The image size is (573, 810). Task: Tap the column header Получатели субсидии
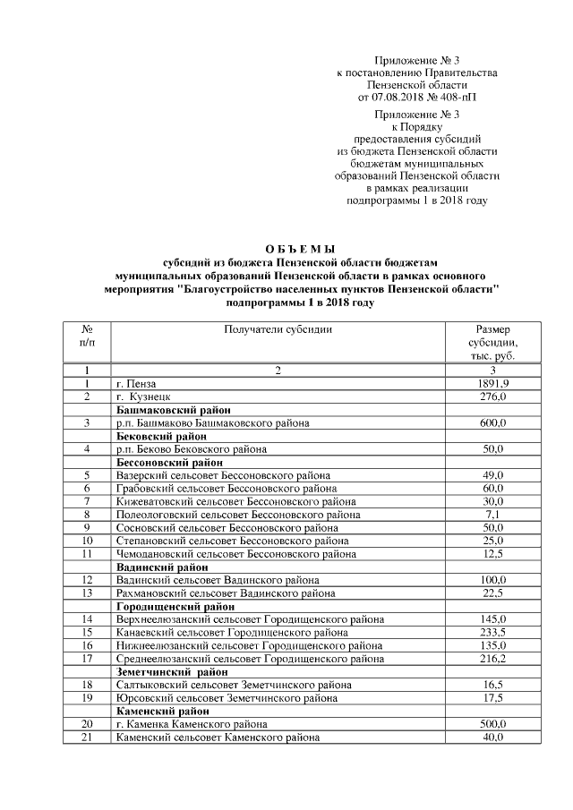pos(278,329)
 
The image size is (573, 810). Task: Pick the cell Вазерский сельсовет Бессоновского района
pos(223,475)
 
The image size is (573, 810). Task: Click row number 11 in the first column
pos(87,554)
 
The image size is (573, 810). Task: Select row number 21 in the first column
pos(87,737)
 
